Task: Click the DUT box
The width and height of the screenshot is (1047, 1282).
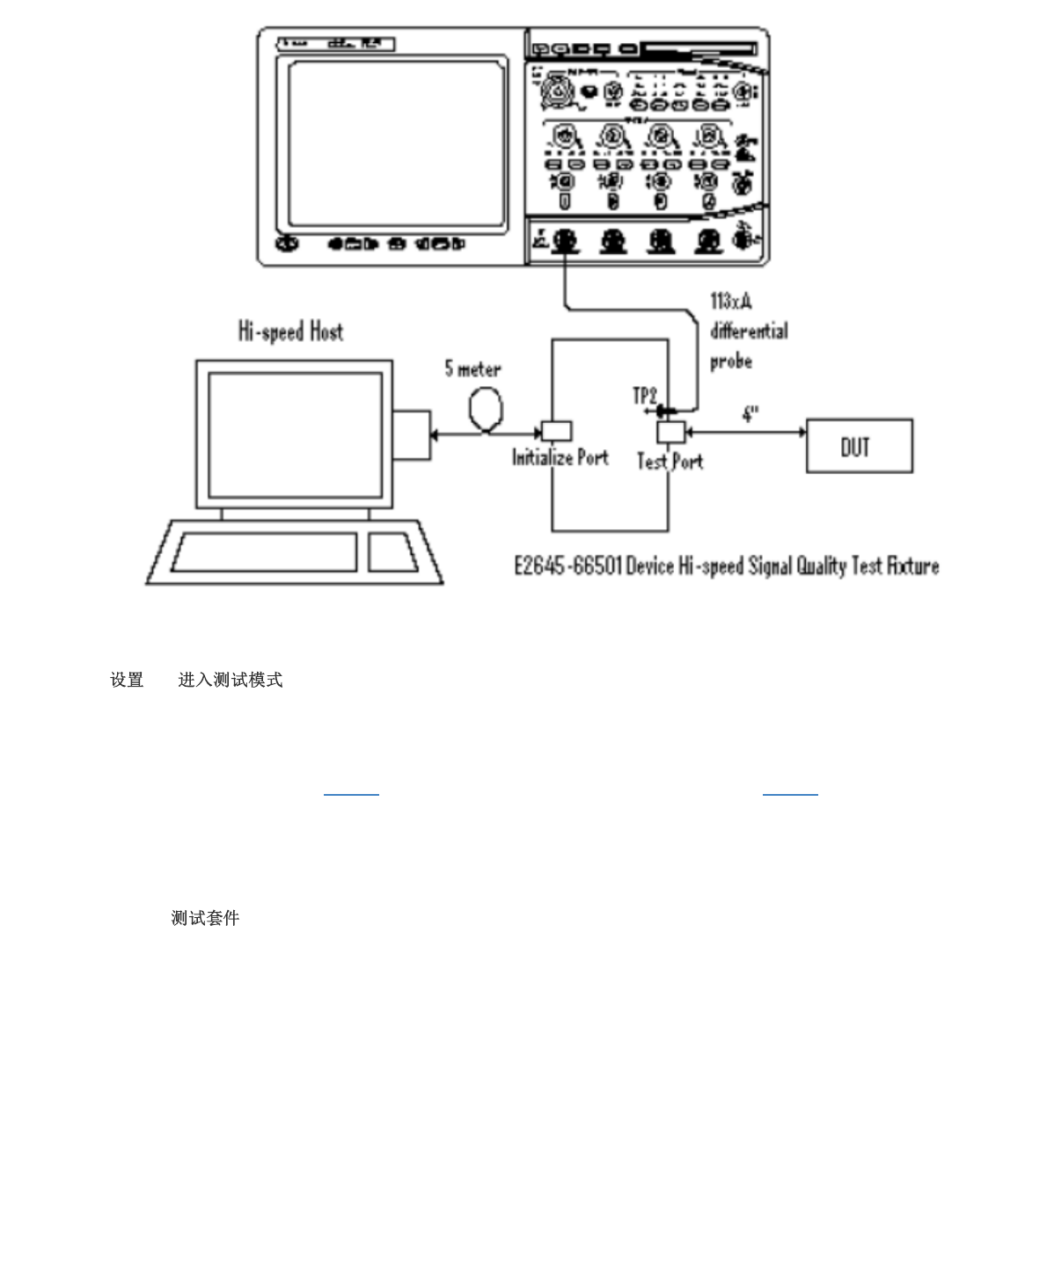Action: [x=859, y=446]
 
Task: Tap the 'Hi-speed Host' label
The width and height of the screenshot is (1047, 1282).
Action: [x=290, y=331]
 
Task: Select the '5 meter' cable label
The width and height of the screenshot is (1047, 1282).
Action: [x=472, y=368]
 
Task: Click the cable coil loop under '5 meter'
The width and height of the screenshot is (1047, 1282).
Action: [x=486, y=409]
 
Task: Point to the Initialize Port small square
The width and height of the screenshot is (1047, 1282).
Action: [x=556, y=431]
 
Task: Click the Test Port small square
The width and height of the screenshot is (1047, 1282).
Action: [x=670, y=432]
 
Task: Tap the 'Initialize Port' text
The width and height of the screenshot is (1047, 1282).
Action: [x=560, y=457]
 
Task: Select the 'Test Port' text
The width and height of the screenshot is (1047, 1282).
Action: [x=670, y=461]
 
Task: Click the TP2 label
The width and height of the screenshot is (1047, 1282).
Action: [x=645, y=396]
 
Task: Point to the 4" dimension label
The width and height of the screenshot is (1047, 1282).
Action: [x=750, y=414]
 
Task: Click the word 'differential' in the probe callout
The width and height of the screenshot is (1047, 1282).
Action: [x=749, y=331]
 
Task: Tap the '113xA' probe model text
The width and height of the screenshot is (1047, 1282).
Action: [x=730, y=302]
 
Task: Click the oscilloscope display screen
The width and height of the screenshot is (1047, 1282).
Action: [x=397, y=143]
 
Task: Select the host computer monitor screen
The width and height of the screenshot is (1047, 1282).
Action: [x=295, y=434]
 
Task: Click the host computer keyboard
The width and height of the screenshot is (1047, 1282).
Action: [x=264, y=552]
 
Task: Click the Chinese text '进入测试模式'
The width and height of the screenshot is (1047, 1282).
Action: [x=231, y=680]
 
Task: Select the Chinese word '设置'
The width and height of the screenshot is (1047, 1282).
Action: [x=127, y=680]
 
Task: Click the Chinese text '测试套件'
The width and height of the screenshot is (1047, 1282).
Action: [x=205, y=918]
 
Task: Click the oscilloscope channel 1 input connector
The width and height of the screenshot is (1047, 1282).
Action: [x=566, y=240]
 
